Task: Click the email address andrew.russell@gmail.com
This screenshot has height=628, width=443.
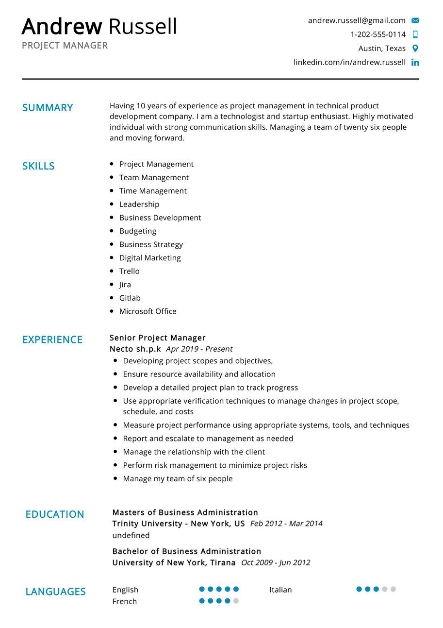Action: pyautogui.click(x=357, y=20)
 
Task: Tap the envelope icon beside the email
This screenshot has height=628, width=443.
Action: pyautogui.click(x=415, y=20)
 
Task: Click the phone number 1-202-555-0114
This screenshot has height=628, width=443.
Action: pyautogui.click(x=378, y=34)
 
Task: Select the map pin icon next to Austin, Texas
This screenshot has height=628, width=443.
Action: pyautogui.click(x=415, y=49)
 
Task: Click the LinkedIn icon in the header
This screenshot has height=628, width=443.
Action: pyautogui.click(x=415, y=63)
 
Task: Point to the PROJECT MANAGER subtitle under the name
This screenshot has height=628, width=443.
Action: pyautogui.click(x=65, y=46)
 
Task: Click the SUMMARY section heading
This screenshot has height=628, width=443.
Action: pyautogui.click(x=48, y=108)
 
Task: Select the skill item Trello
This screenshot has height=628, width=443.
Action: pyautogui.click(x=129, y=272)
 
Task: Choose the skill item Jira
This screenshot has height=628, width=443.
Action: pyautogui.click(x=125, y=285)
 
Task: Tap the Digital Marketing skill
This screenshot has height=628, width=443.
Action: pyautogui.click(x=150, y=258)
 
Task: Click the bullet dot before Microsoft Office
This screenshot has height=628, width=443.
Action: pyautogui.click(x=112, y=311)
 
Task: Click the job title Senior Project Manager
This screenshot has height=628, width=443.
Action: pyautogui.click(x=158, y=338)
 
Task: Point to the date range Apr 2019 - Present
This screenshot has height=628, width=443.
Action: pyautogui.click(x=199, y=349)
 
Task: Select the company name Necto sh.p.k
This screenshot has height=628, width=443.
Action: pyautogui.click(x=135, y=349)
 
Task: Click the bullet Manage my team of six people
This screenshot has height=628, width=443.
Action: pyautogui.click(x=178, y=479)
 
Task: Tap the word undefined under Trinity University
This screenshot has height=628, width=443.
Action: pyautogui.click(x=131, y=536)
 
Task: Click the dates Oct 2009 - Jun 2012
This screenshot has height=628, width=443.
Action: pyautogui.click(x=276, y=563)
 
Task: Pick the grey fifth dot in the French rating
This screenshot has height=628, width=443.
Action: pyautogui.click(x=236, y=601)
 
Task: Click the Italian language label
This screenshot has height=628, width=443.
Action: pyautogui.click(x=281, y=590)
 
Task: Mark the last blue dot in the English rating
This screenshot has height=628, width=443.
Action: pyautogui.click(x=236, y=590)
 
